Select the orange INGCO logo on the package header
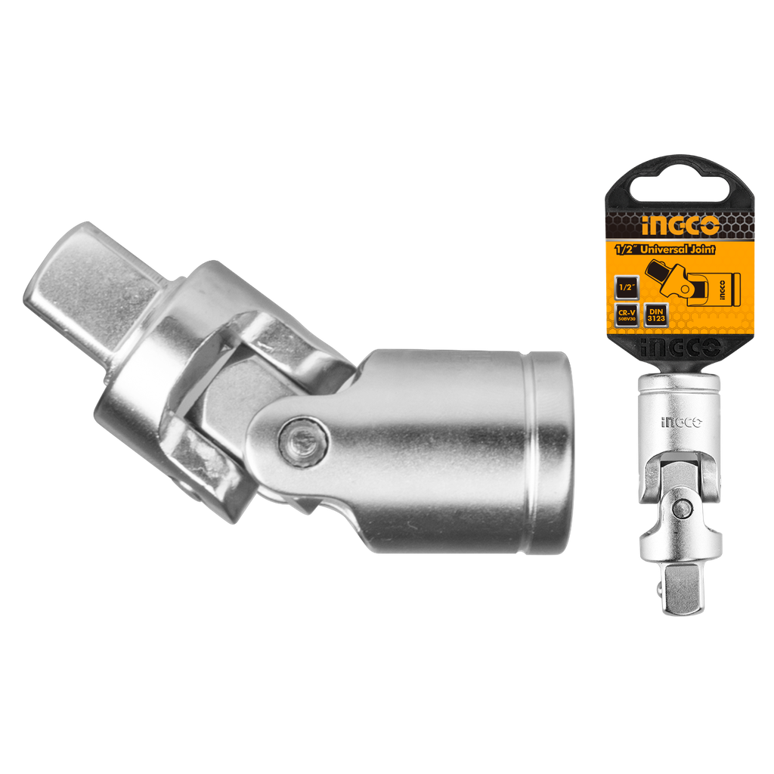click(x=680, y=225)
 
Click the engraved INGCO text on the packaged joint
click(x=680, y=423)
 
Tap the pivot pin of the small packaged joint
click(x=680, y=508)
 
